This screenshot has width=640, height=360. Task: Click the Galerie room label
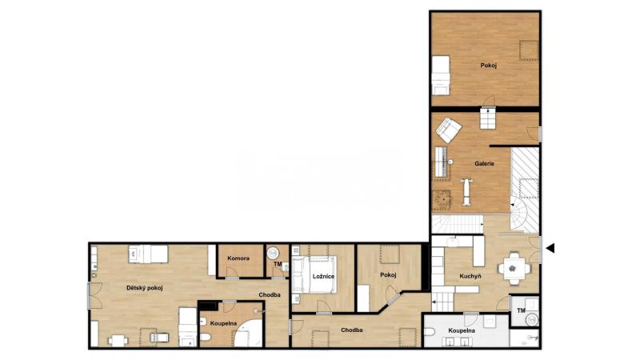(484, 164)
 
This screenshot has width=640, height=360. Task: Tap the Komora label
(238, 258)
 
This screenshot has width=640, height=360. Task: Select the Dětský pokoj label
(145, 288)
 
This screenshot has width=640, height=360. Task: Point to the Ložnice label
(323, 276)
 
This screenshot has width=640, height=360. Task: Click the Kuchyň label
(470, 276)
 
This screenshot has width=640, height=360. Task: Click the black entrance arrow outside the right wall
(550, 248)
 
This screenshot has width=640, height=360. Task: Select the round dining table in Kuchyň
(513, 269)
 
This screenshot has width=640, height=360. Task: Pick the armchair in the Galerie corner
(448, 130)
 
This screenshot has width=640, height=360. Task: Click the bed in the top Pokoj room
(441, 75)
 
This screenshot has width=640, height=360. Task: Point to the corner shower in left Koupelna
(249, 334)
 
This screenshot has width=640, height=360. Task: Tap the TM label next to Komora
(278, 265)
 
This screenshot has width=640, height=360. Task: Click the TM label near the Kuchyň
(521, 311)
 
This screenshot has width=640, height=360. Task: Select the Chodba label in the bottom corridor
(351, 330)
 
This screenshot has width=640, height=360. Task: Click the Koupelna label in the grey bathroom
(462, 330)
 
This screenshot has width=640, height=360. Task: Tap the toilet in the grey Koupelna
(430, 332)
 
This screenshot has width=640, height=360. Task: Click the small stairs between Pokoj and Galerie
(488, 118)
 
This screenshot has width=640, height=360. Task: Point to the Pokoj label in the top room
(489, 66)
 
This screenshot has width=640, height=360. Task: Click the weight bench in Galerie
(466, 192)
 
